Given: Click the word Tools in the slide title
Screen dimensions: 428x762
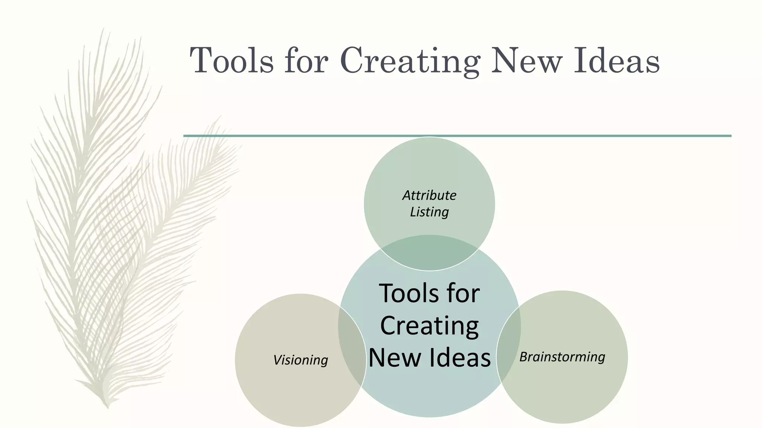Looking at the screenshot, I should click(x=231, y=61).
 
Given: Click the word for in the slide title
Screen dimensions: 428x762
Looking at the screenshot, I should click(x=306, y=61).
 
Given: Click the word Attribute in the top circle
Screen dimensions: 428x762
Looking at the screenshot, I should click(x=429, y=195).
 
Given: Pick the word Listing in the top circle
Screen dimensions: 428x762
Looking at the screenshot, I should click(x=429, y=212).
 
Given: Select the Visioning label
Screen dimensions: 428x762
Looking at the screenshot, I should click(x=300, y=360).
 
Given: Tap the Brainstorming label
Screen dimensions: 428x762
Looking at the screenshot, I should click(x=562, y=357).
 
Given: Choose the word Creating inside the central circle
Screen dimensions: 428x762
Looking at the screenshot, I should click(x=429, y=326).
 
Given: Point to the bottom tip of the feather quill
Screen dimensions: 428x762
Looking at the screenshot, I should click(x=107, y=407).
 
